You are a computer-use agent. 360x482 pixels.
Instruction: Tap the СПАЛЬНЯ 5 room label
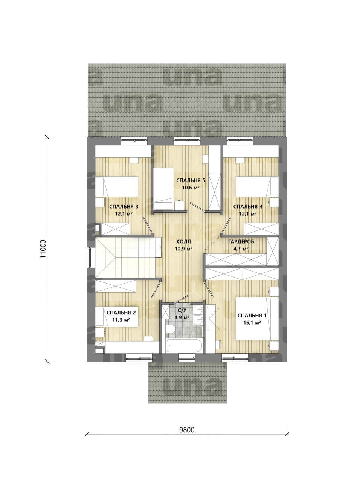tap(191, 180)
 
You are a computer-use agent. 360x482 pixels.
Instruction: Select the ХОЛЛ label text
tap(184, 242)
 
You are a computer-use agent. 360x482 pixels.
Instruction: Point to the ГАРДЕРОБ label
tap(241, 242)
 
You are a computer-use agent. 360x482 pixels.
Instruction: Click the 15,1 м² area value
tap(252, 323)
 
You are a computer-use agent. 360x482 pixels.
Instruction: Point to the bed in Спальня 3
tap(117, 187)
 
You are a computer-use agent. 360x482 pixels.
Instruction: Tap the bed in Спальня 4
tap(257, 187)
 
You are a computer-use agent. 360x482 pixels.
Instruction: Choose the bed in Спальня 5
tap(163, 189)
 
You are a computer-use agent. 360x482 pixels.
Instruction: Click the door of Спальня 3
tap(148, 224)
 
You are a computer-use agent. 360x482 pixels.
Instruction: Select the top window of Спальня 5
tap(187, 141)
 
